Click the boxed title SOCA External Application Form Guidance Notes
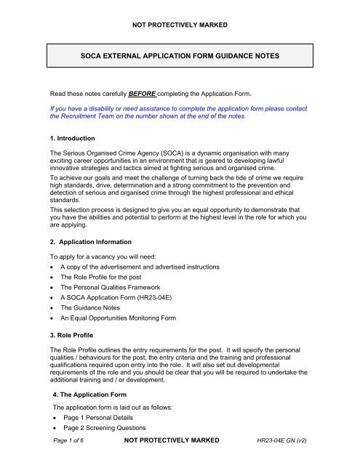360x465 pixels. (x=180, y=55)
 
